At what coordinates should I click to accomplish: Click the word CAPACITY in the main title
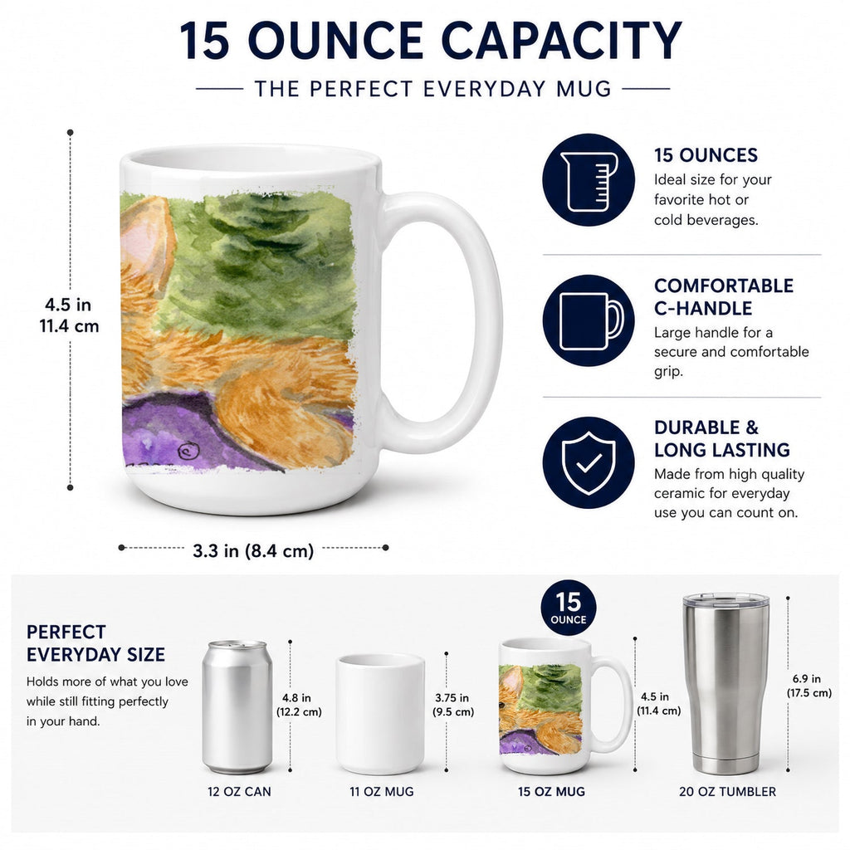(x=561, y=41)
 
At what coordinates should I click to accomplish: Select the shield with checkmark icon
(x=589, y=462)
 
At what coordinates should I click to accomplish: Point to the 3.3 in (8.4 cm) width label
(x=253, y=551)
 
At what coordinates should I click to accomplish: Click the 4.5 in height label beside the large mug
(x=69, y=315)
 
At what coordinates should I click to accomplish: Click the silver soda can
(x=237, y=707)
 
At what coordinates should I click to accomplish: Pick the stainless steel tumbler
(x=725, y=684)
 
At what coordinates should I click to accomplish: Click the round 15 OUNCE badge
(x=568, y=608)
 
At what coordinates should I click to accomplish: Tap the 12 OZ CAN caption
(x=239, y=791)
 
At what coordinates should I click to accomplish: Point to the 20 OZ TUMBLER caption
(x=727, y=791)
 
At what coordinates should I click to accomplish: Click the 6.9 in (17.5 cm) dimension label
(x=808, y=686)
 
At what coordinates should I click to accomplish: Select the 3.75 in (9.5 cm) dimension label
(x=452, y=705)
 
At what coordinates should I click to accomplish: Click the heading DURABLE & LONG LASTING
(x=721, y=438)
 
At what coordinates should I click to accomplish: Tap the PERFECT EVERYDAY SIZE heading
(x=95, y=643)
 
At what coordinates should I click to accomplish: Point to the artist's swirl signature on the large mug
(x=188, y=450)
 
